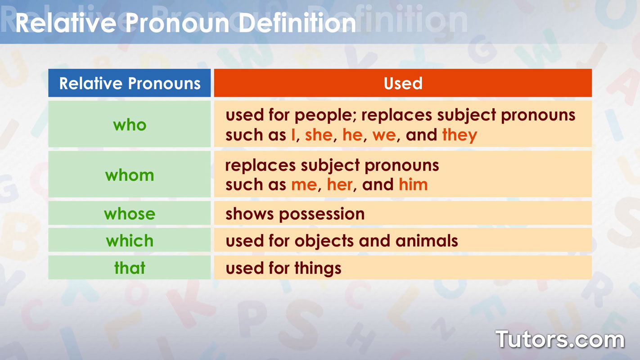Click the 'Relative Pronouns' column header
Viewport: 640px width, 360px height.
130,83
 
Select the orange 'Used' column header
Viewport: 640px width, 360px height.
403,83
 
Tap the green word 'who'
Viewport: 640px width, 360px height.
130,125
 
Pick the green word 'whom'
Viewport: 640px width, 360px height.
130,175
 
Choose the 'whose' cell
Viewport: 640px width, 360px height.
130,213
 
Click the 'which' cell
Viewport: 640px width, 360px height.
130,241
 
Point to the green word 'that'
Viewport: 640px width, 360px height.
130,268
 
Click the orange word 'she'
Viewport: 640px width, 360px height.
319,135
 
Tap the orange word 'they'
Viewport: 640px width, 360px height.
460,135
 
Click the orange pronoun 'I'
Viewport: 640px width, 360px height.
293,135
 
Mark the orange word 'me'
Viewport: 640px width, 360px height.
304,185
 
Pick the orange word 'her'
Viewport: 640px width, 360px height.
340,184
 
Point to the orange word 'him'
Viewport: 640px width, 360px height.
413,184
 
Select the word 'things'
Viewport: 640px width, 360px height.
318,269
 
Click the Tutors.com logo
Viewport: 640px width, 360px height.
560,339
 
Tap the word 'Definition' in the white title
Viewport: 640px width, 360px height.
297,22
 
